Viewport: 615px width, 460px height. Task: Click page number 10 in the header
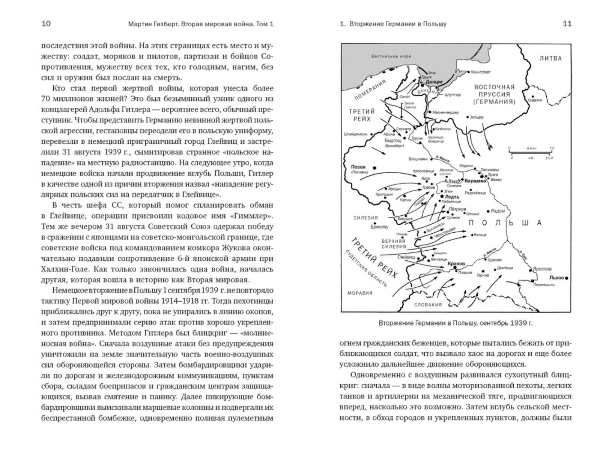46,24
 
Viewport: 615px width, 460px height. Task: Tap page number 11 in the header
567,24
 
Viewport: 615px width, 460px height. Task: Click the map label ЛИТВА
550,59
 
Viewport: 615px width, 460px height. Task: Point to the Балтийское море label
391,57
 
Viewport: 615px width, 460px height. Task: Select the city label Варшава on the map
475,181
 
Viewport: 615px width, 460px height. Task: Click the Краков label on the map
456,263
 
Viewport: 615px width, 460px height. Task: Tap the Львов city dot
567,278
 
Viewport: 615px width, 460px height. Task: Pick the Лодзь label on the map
452,196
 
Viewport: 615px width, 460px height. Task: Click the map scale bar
531,153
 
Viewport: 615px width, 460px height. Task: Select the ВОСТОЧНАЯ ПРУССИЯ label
494,94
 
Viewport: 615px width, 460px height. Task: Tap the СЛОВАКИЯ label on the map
428,305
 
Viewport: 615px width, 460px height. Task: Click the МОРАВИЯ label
360,293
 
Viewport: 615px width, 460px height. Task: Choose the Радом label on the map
498,211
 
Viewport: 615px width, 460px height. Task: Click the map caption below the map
456,323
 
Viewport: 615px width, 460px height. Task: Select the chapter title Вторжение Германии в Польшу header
398,24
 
